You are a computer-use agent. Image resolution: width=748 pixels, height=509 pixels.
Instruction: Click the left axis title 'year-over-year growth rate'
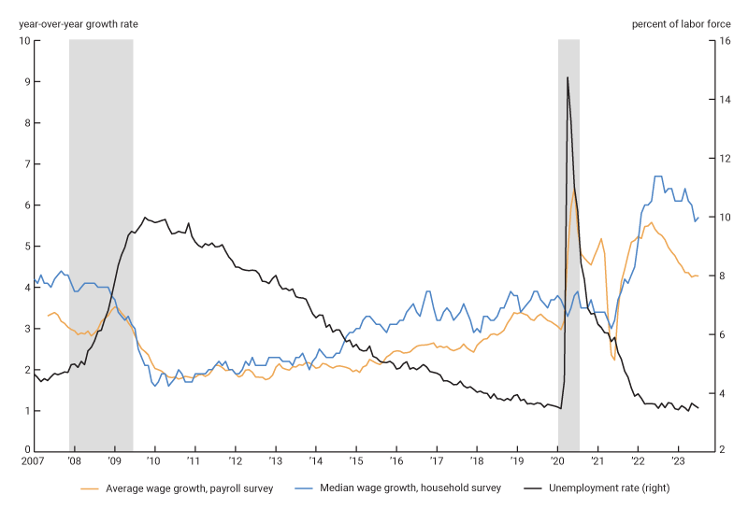[x=78, y=23]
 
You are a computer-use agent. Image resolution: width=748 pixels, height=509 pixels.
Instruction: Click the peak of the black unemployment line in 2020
[x=568, y=78]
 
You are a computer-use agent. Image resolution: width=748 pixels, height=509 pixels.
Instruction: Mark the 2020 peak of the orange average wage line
[x=574, y=192]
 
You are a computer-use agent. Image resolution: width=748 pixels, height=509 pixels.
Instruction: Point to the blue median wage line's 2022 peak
[x=657, y=177]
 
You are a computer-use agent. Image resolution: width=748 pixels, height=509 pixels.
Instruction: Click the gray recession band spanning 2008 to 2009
[x=101, y=243]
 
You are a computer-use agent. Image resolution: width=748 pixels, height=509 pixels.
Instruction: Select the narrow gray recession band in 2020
[x=568, y=280]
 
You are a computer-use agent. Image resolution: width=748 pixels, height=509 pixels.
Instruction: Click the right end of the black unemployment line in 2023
[x=698, y=407]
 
